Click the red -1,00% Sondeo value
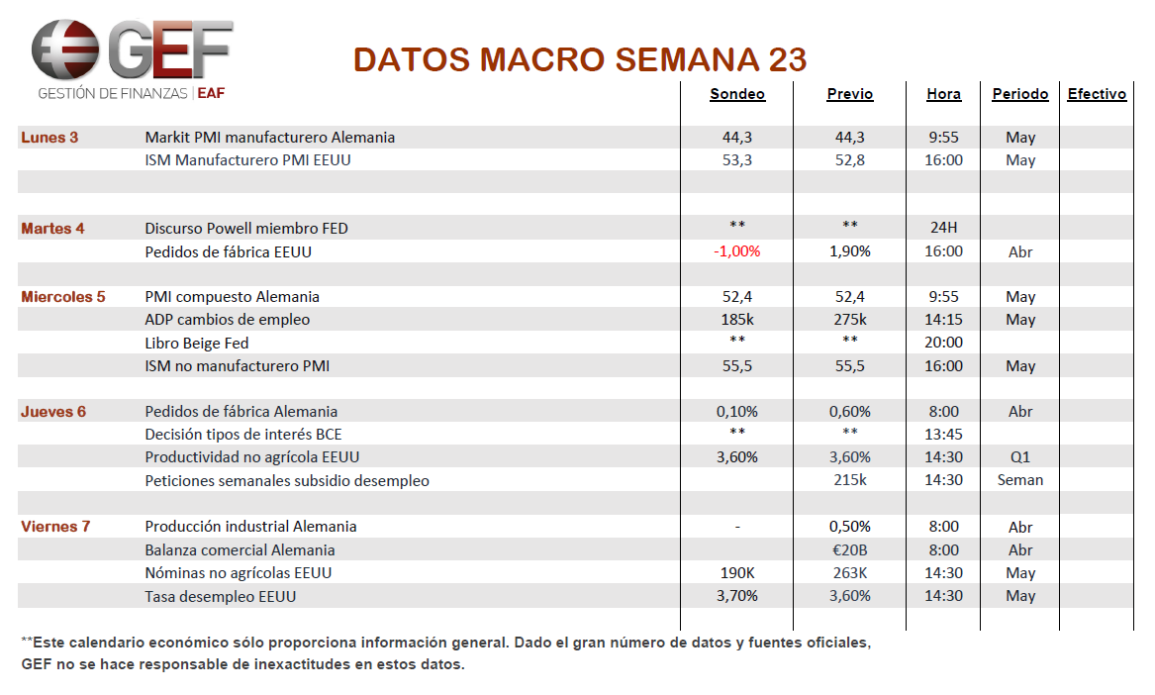tap(736, 251)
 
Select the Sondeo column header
tap(737, 94)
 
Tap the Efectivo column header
tap(1097, 94)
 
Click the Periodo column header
tap(1020, 94)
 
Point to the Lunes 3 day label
tap(49, 137)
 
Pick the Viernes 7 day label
tap(55, 527)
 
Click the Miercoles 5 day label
tap(62, 296)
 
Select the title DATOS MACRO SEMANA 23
tap(580, 59)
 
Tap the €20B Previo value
tap(850, 549)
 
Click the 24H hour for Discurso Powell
tap(943, 228)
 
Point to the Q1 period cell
tap(1020, 457)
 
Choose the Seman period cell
tap(1020, 480)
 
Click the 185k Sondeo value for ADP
tap(737, 319)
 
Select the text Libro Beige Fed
tap(197, 343)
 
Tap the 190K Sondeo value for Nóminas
tap(737, 572)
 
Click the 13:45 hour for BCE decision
tap(943, 434)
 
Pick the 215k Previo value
tap(850, 480)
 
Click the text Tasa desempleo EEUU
tap(221, 596)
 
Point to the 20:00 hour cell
tap(943, 342)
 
